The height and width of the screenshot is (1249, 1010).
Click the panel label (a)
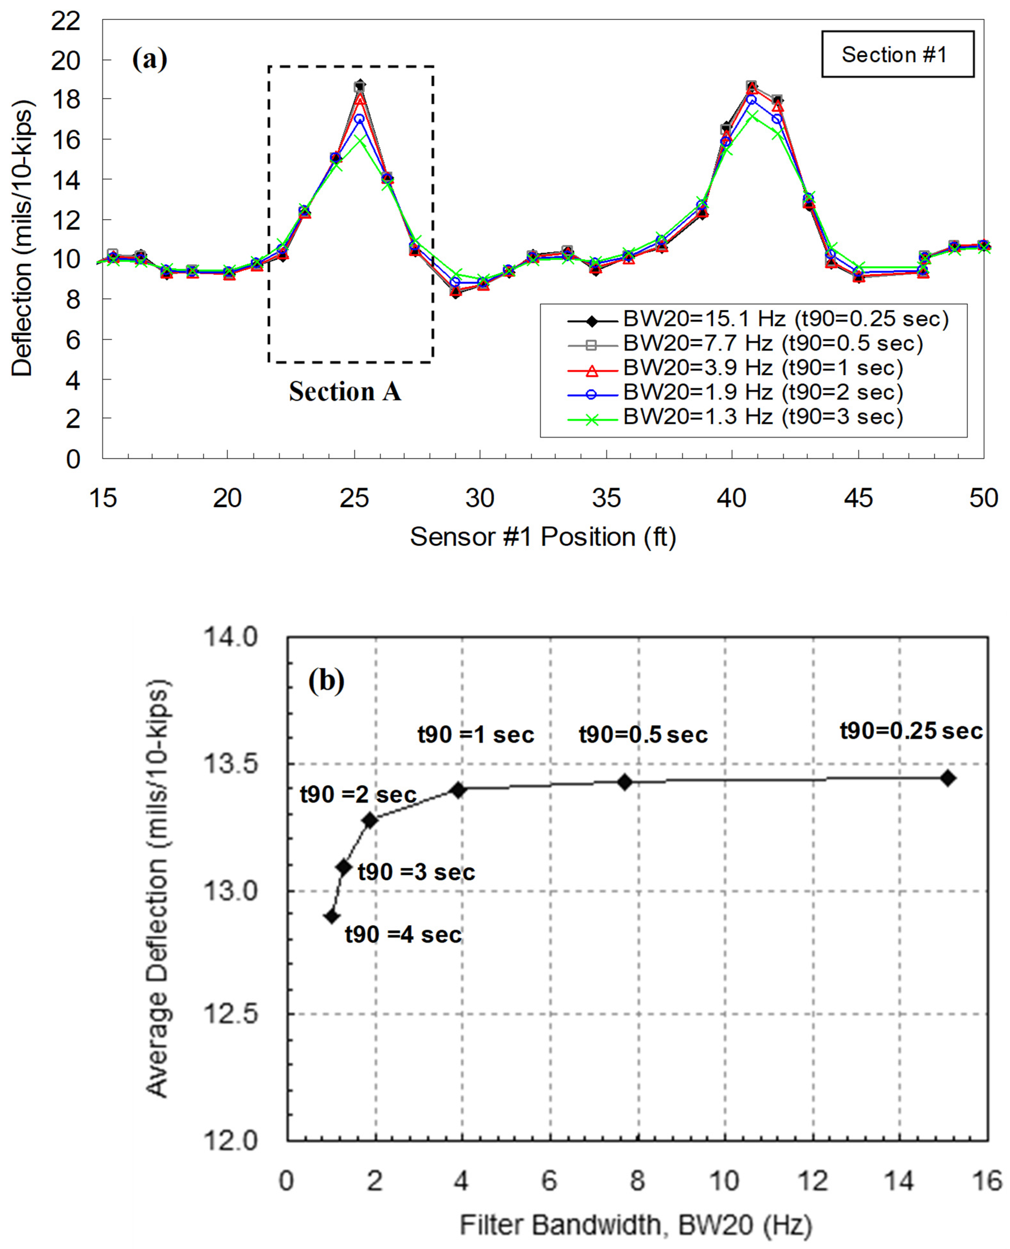tap(149, 59)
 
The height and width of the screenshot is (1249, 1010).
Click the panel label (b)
tap(326, 680)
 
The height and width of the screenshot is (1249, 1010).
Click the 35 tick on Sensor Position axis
tap(606, 498)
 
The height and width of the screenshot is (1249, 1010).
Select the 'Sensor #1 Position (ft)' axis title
tap(543, 537)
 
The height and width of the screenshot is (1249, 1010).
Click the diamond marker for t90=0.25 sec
tap(948, 778)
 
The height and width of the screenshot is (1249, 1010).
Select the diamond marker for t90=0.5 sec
tap(624, 782)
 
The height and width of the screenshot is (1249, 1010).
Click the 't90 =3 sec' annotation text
tap(416, 872)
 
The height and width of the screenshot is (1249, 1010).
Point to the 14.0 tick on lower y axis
tap(230, 637)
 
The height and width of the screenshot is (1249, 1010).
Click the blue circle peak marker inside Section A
tap(360, 119)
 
